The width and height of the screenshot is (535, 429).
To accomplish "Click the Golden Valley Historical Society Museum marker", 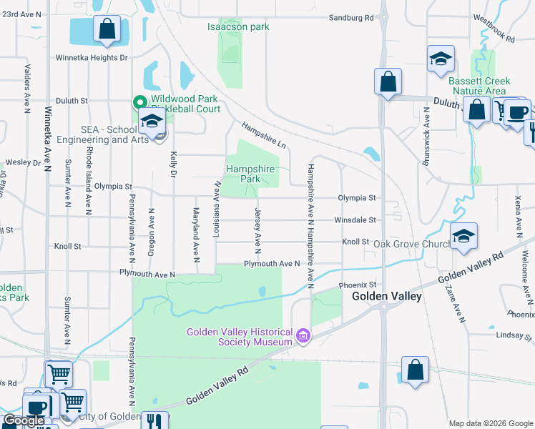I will [x=303, y=335].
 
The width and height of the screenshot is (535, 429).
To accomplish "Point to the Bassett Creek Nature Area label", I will [x=478, y=86].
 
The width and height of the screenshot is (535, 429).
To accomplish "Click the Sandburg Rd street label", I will [x=351, y=17].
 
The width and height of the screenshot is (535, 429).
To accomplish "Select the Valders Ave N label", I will [x=26, y=89].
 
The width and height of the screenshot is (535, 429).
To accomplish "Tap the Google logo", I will [x=24, y=420].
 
